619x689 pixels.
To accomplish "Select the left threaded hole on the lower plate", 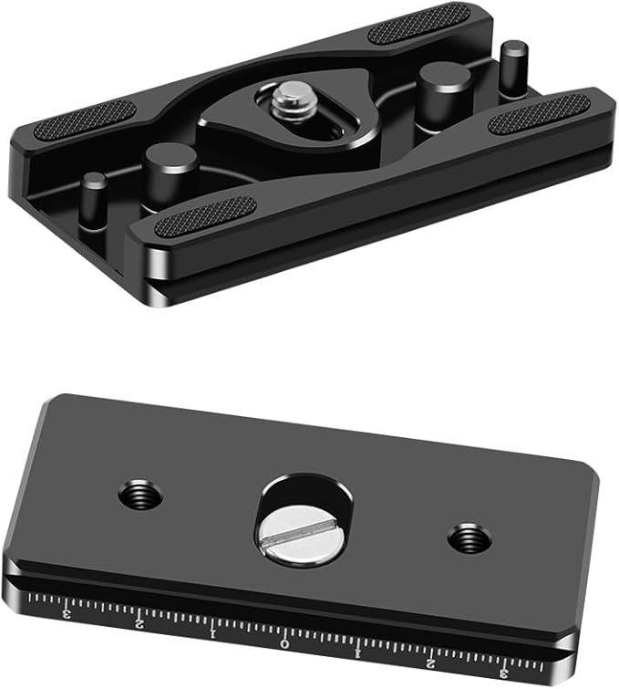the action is (140, 496).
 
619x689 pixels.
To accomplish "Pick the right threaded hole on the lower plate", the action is (469, 538).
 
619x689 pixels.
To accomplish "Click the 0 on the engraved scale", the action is (285, 644).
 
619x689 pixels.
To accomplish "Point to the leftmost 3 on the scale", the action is (67, 612).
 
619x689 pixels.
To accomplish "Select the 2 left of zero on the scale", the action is (139, 623).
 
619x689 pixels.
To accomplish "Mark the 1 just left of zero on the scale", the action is (213, 634).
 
